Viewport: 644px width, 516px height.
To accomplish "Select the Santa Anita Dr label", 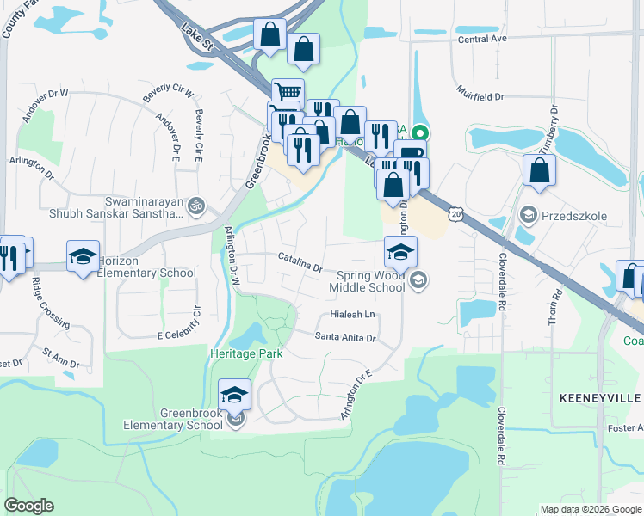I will pos(346,338).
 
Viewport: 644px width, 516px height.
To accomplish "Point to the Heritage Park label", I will pos(246,353).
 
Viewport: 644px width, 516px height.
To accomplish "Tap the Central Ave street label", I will pos(482,39).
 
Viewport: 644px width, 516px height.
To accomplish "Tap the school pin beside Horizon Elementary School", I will pos(83,257).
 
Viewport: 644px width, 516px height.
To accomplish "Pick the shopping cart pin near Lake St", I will pos(288,93).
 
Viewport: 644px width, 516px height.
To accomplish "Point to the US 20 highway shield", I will pos(456,212).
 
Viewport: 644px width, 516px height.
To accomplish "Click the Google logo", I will pos(29,506).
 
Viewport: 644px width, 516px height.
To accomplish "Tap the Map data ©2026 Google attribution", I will pos(590,509).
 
